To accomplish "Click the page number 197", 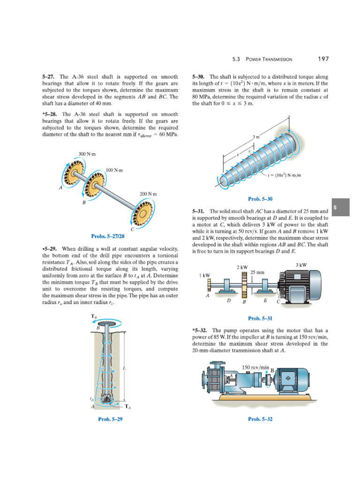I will point(323,59).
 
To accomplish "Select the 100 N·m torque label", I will point(114,170).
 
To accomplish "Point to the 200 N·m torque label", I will point(148,194).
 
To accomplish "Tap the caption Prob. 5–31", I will point(260,318).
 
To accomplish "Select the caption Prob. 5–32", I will point(260,419).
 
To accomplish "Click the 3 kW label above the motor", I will point(301,265).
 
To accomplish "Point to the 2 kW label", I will point(242,267).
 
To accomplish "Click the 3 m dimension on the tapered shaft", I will point(256,137).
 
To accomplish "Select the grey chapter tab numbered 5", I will point(341,207).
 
